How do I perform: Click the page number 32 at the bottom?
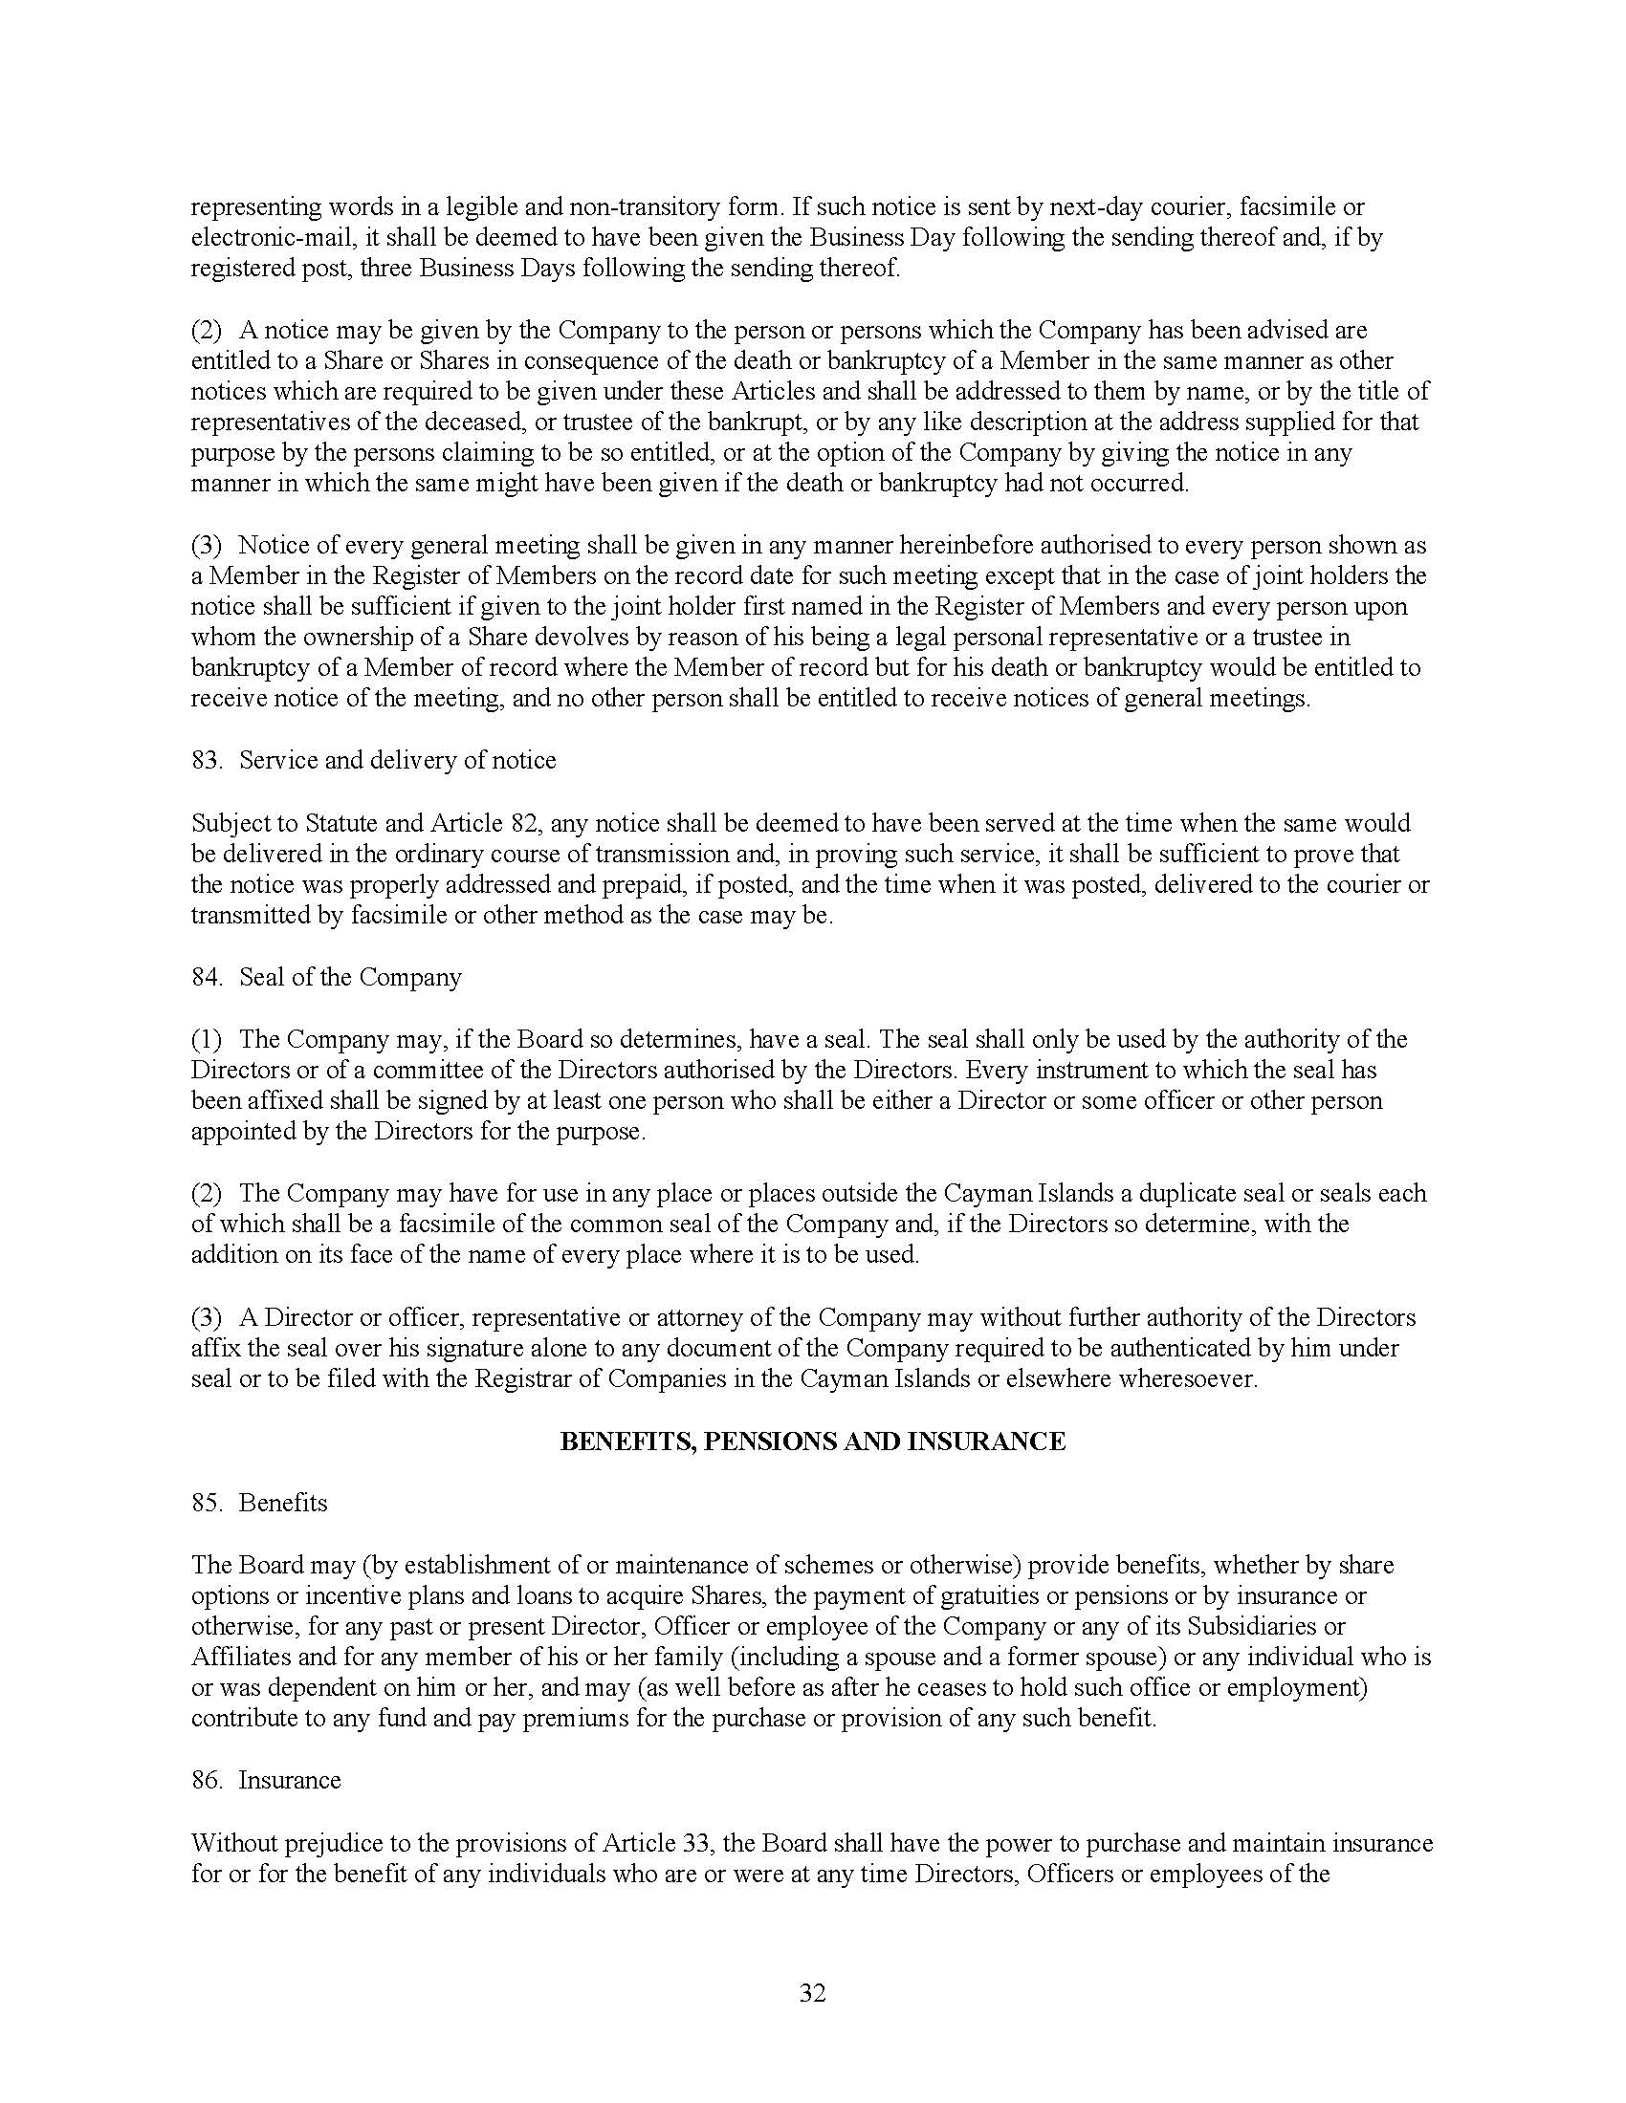click(812, 1993)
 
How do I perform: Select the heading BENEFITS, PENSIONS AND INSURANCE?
click(812, 1442)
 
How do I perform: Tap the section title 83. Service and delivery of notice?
click(373, 761)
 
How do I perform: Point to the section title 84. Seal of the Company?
click(325, 977)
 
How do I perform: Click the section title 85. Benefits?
click(259, 1503)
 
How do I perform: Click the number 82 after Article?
click(517, 823)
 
